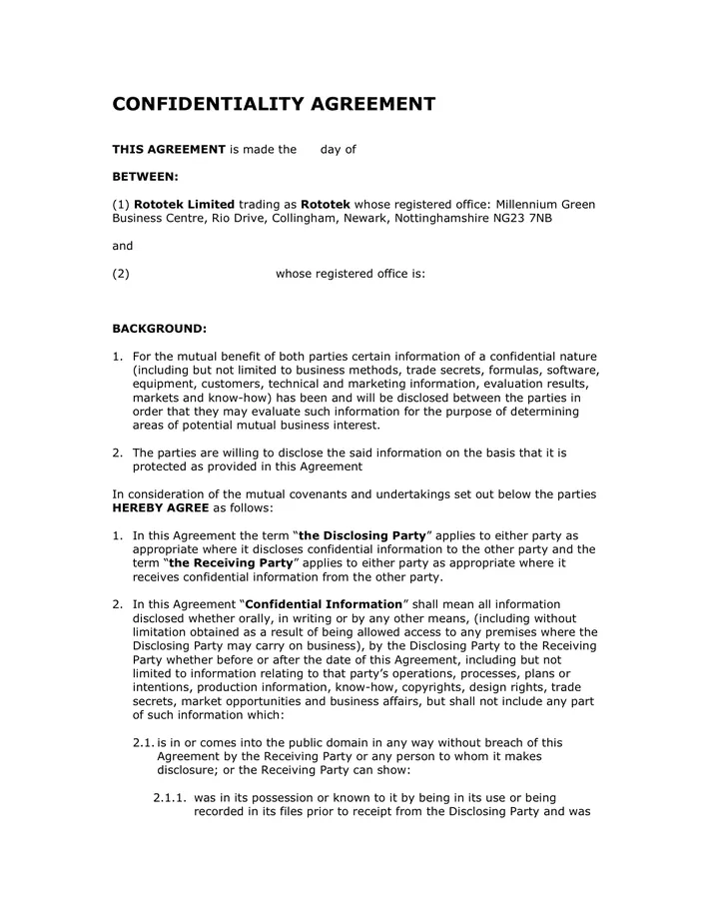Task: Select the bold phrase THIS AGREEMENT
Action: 169,150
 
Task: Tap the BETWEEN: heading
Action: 145,177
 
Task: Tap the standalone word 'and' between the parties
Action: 122,246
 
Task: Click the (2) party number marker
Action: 121,274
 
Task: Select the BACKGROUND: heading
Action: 160,328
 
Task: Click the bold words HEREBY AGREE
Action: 160,507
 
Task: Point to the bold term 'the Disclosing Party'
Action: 362,535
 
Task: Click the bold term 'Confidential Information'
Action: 323,604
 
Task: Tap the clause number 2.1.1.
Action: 170,798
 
